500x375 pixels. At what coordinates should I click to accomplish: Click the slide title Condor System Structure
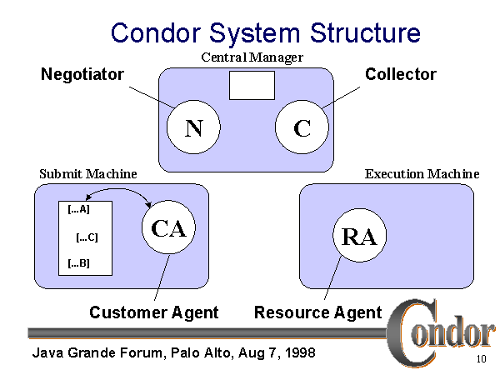tap(265, 32)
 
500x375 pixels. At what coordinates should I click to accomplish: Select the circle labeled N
tap(193, 128)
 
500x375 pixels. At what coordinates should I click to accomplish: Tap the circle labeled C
tap(302, 128)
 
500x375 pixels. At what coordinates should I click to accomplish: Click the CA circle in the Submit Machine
tap(168, 229)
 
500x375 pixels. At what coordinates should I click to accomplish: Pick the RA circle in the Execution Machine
tap(359, 236)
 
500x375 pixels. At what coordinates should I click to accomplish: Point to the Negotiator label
tap(82, 74)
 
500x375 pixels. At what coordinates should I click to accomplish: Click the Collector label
tap(400, 74)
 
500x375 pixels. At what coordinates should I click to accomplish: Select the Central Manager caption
tap(252, 57)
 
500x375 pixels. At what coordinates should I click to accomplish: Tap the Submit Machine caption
tap(88, 173)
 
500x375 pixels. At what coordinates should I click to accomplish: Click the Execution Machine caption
tap(422, 173)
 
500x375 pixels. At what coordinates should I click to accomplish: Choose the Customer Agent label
tap(153, 312)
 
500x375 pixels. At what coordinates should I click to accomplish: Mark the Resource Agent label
tap(317, 312)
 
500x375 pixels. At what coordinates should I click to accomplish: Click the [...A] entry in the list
tap(78, 210)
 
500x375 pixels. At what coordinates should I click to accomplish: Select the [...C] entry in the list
tap(87, 237)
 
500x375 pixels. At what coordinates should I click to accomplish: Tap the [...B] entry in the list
tap(78, 265)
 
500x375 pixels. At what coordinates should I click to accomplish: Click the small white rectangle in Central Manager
tap(252, 84)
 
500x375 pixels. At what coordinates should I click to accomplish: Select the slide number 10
tap(481, 360)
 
